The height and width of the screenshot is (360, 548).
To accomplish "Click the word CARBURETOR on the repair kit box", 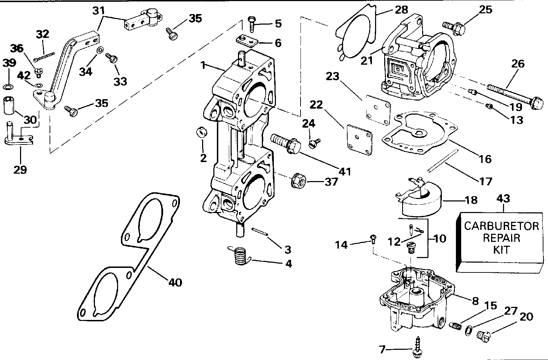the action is point(502,226).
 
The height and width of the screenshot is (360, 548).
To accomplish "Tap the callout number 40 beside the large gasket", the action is point(175,283).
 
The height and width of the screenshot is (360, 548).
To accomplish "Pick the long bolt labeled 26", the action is point(515,97).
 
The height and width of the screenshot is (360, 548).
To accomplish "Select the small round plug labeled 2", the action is point(202,132).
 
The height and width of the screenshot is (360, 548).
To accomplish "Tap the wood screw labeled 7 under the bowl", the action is point(417,347).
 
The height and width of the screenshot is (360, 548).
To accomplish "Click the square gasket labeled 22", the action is point(360,140).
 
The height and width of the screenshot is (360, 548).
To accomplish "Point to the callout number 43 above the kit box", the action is point(503,199).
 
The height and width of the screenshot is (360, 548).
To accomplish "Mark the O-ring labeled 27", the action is point(468,330).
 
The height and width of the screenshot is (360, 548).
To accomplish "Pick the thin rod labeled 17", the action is point(443,161).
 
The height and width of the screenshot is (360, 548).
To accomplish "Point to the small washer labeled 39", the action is point(8,86).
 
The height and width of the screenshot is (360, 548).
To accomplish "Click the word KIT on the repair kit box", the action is point(501,250).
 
